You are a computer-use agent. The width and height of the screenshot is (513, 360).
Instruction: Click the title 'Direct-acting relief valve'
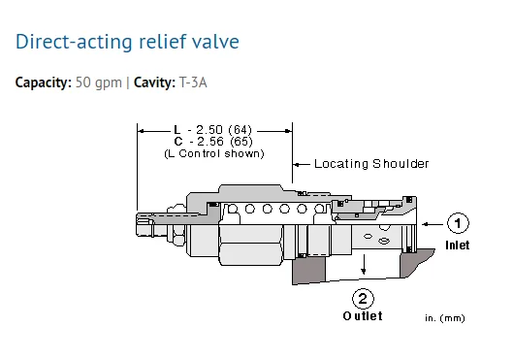tap(127, 42)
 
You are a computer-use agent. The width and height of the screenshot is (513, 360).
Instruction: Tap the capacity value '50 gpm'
tap(99, 82)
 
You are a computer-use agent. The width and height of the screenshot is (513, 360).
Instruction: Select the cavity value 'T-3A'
tap(193, 82)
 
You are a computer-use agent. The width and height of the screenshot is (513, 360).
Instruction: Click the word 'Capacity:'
tap(44, 82)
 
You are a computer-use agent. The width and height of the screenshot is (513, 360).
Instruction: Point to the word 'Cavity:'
tap(154, 82)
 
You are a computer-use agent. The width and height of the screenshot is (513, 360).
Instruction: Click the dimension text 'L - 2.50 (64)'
tap(213, 130)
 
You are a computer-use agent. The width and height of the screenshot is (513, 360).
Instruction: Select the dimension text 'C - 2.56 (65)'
tap(213, 142)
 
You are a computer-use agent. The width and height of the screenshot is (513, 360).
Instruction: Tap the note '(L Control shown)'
tap(214, 153)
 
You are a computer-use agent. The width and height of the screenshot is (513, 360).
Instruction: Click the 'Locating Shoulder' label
tap(371, 164)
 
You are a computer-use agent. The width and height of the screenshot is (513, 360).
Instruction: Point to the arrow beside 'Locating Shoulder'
tap(302, 164)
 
